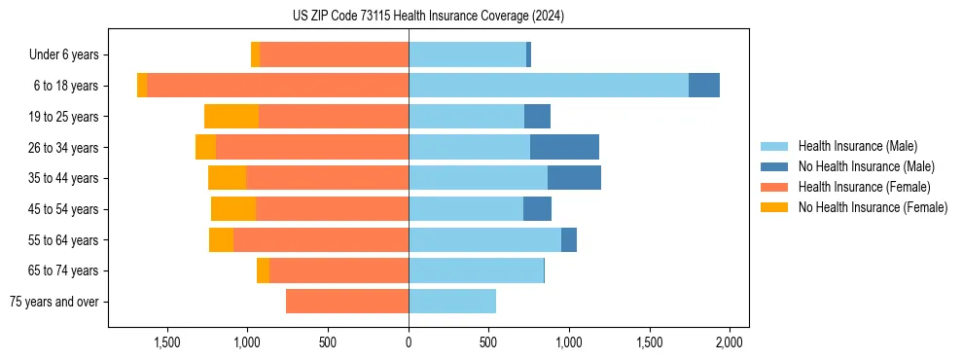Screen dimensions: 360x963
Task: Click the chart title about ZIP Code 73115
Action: point(428,17)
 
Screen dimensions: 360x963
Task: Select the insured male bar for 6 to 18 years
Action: point(549,86)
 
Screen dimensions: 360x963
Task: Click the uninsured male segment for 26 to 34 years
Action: point(564,147)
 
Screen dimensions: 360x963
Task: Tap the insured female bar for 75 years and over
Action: point(347,302)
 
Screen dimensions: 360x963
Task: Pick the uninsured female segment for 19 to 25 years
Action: point(232,117)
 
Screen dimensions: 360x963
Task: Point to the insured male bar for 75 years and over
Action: point(452,302)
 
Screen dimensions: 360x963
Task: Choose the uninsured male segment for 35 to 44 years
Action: point(574,178)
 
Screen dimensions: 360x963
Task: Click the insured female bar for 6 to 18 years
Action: point(277,86)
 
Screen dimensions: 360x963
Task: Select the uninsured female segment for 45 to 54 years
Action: point(233,209)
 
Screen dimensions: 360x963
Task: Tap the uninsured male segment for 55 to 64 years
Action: point(569,239)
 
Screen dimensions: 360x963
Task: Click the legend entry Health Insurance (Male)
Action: point(857,146)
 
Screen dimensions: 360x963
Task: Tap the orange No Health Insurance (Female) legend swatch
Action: point(774,207)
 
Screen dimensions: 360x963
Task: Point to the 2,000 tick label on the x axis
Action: point(730,342)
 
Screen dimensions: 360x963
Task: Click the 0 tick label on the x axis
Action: point(409,342)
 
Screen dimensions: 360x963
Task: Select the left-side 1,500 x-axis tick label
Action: point(167,342)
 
